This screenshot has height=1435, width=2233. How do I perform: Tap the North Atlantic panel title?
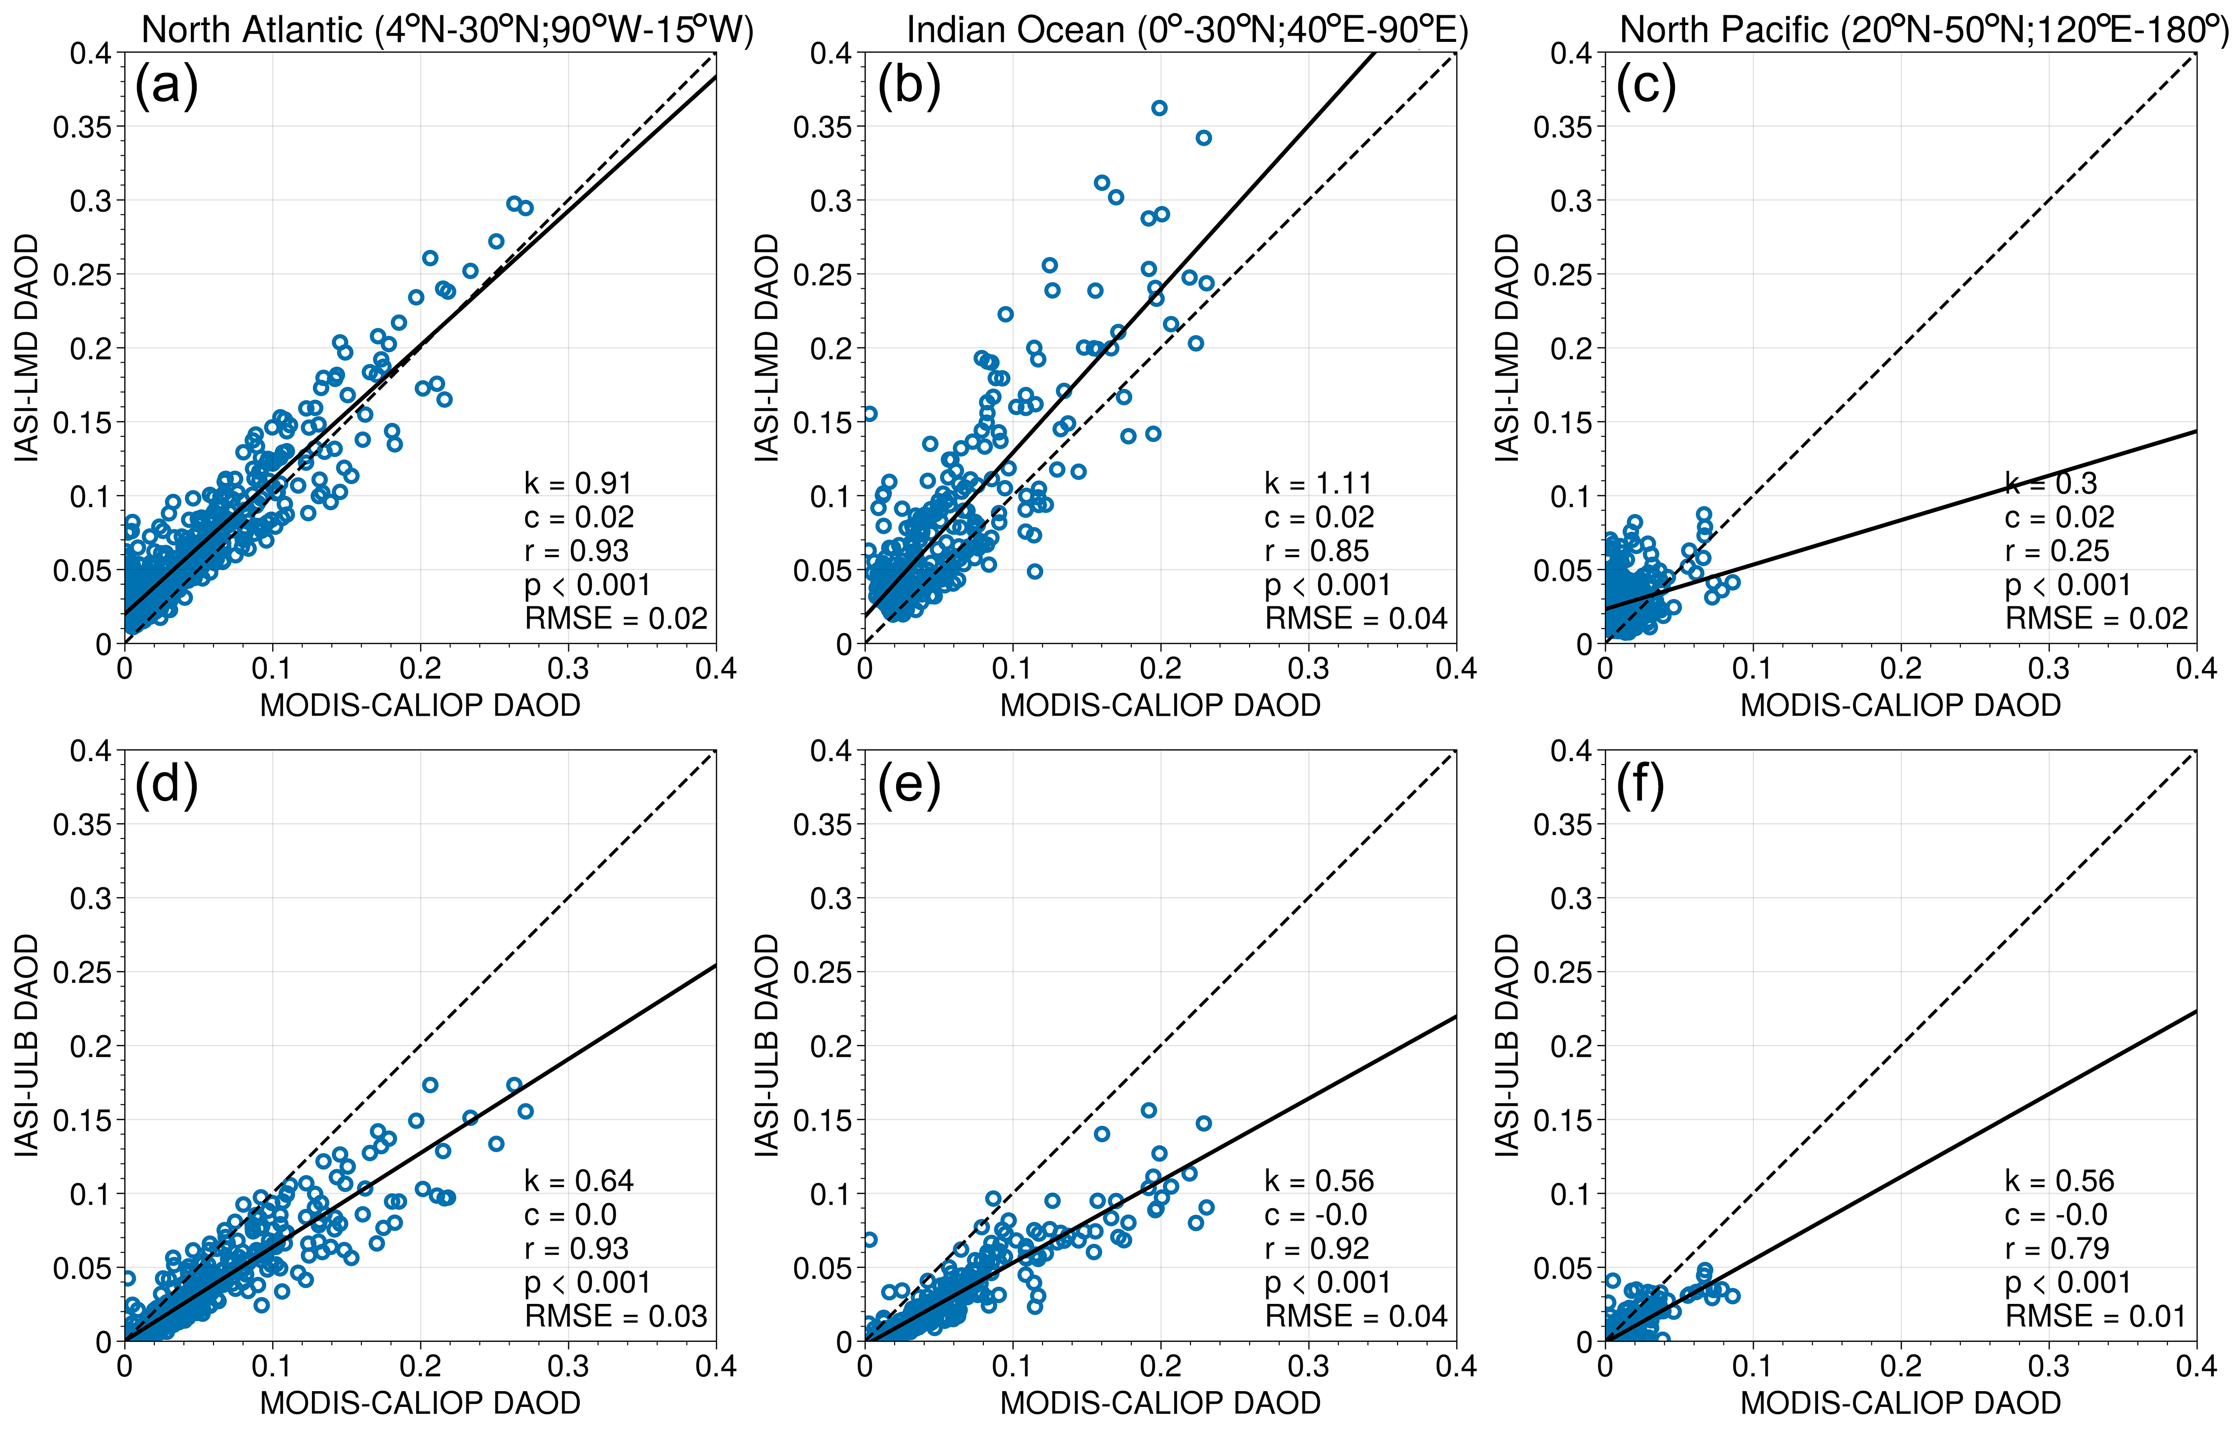pyautogui.click(x=447, y=30)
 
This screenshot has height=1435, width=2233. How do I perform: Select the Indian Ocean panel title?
pyautogui.click(x=1187, y=30)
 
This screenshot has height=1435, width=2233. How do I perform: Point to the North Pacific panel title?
pyautogui.click(x=1924, y=30)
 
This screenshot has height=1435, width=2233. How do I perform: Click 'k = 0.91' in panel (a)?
pyautogui.click(x=578, y=484)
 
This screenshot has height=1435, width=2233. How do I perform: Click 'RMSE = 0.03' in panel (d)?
pyautogui.click(x=616, y=1317)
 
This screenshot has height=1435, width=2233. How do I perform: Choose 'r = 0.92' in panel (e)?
pyautogui.click(x=1316, y=1249)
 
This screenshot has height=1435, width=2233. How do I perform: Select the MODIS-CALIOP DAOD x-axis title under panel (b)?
pyautogui.click(x=1160, y=705)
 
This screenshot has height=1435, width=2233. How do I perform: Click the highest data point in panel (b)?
pyautogui.click(x=1159, y=108)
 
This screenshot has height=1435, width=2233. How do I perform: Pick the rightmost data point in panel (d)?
pyautogui.click(x=525, y=1112)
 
